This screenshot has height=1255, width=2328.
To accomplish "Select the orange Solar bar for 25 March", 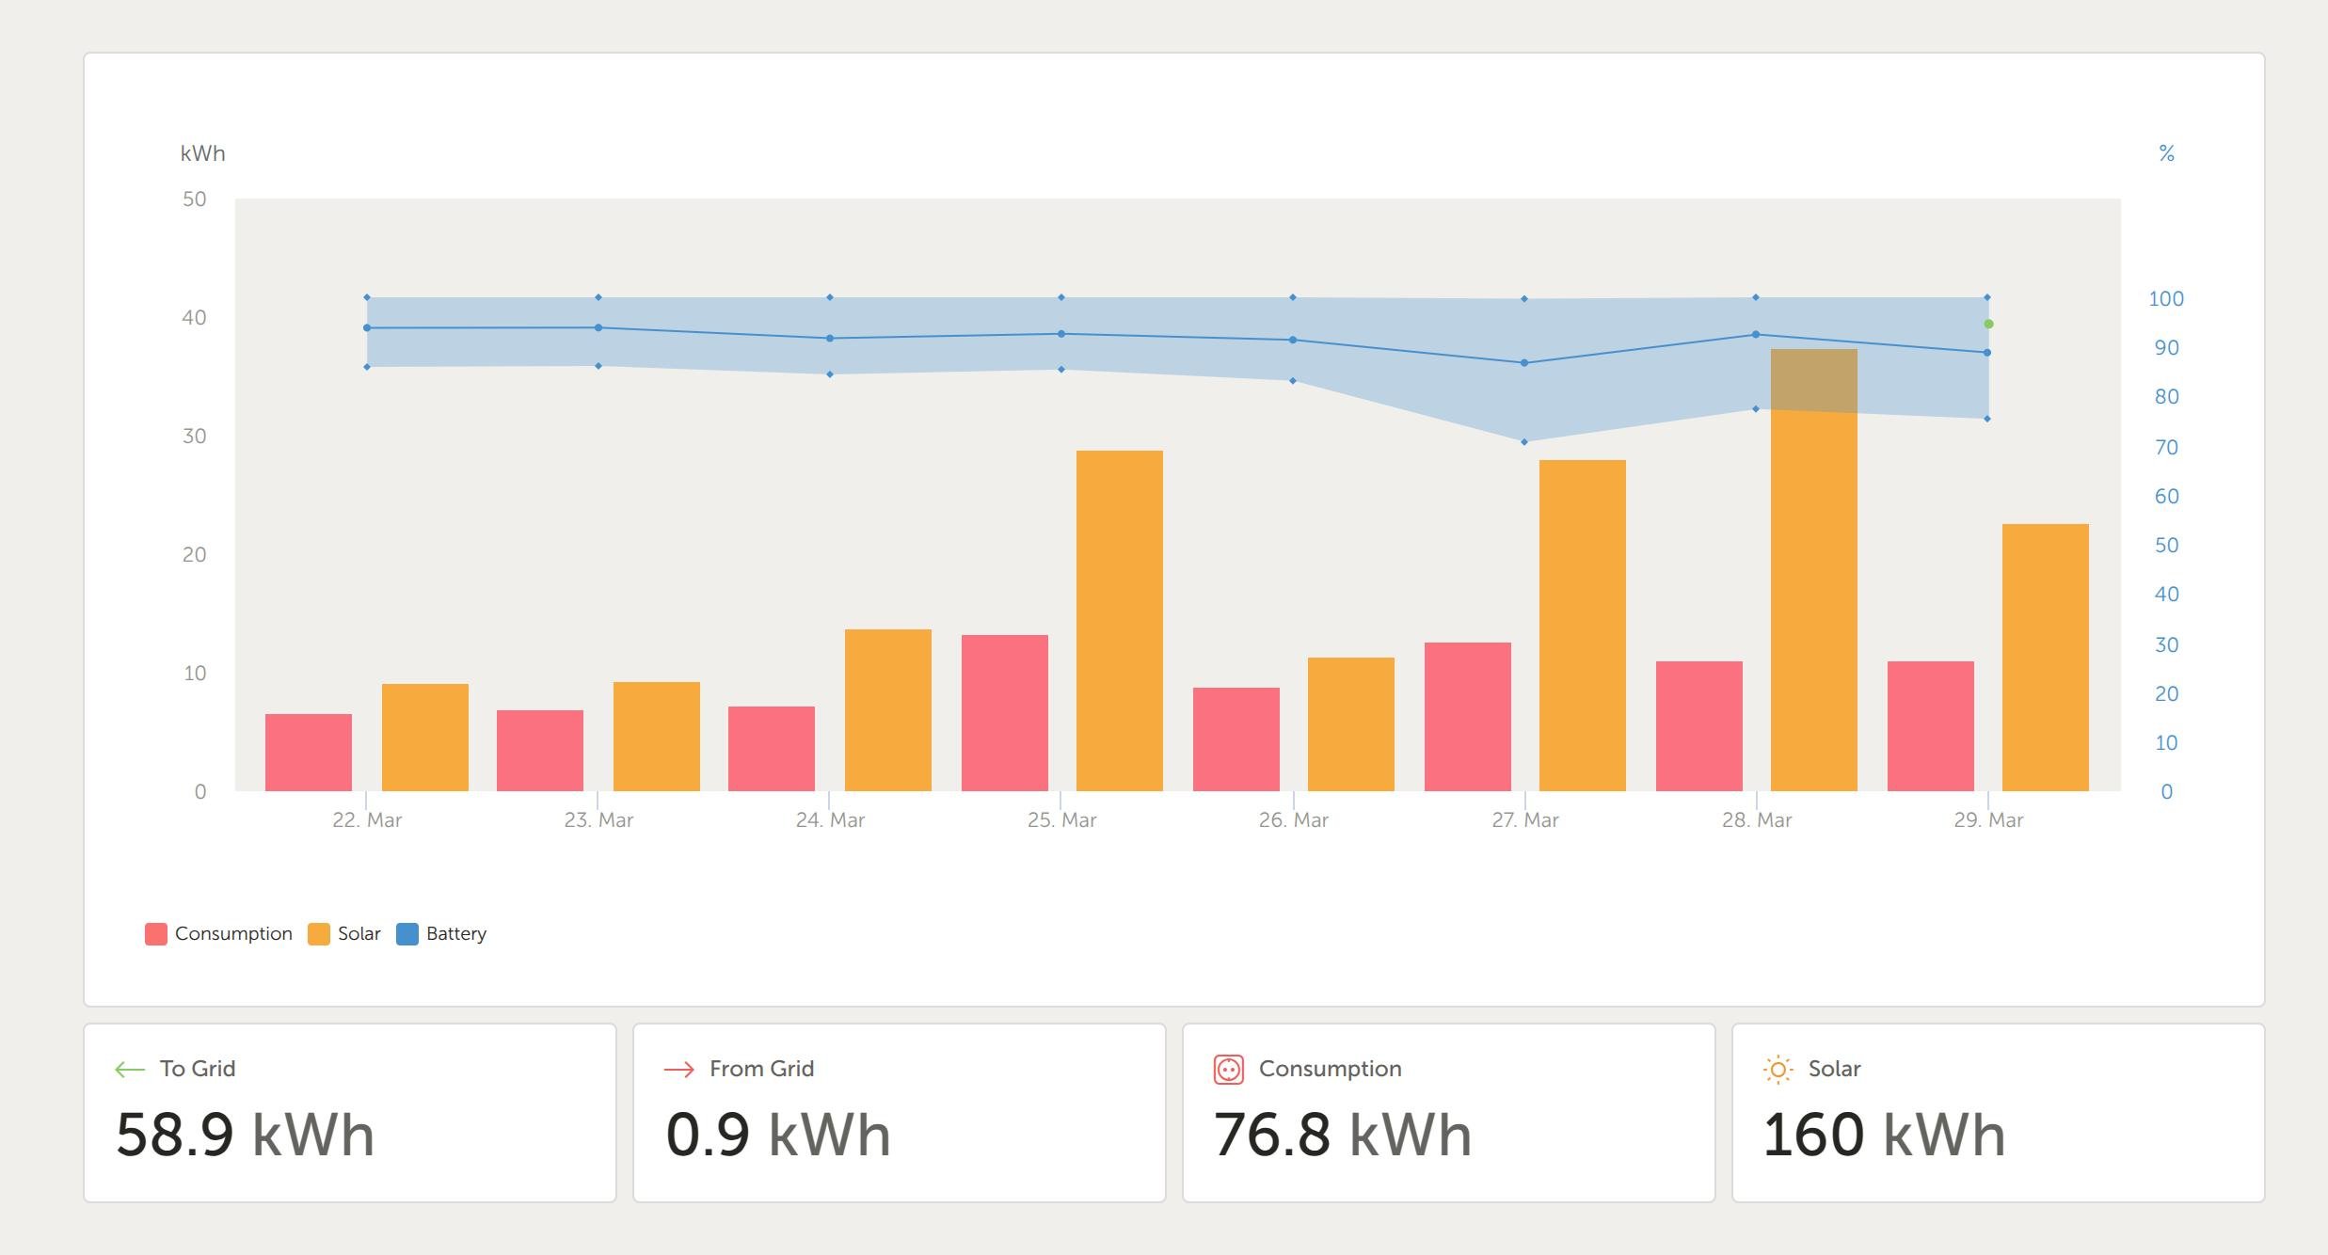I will [x=1119, y=621].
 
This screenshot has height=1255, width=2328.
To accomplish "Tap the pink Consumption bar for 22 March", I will [x=308, y=753].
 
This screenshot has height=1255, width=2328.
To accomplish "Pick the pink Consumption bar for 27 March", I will [x=1467, y=717].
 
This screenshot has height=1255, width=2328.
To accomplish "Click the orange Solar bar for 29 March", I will [x=2045, y=658].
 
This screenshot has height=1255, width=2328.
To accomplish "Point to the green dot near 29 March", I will [x=1988, y=324].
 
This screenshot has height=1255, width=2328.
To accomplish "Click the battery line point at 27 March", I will [x=1524, y=363].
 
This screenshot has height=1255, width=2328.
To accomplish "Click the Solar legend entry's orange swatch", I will [x=319, y=934].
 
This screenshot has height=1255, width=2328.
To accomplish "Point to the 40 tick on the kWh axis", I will [x=194, y=318].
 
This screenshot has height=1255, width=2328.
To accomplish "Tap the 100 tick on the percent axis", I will [x=2165, y=299].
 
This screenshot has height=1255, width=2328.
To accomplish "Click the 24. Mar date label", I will [x=830, y=820].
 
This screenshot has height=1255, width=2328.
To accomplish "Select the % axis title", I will [x=2166, y=153].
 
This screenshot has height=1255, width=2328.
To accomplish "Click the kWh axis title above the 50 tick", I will [x=202, y=153].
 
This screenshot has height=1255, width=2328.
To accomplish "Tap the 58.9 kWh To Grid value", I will [x=245, y=1135].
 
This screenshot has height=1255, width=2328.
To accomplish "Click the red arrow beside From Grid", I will [x=678, y=1070].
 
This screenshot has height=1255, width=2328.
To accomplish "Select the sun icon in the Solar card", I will [x=1778, y=1070].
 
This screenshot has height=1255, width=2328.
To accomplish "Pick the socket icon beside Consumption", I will [x=1228, y=1070].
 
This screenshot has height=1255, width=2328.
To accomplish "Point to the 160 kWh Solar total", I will [x=1883, y=1135].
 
